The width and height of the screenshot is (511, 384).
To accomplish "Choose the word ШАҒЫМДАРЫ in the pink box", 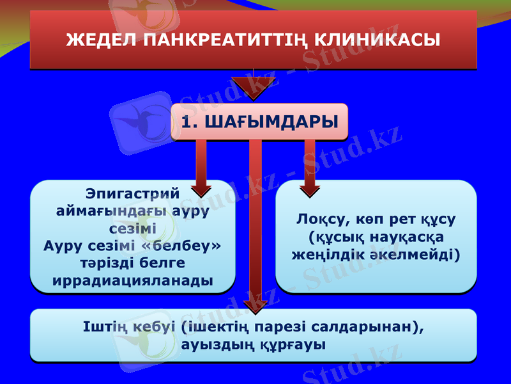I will point(271,122).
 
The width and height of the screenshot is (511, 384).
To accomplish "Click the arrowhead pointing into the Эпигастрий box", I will point(201,189).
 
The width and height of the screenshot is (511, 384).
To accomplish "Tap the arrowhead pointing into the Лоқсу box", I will point(310,189).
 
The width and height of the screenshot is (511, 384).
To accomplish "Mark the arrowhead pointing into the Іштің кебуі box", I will point(254,306).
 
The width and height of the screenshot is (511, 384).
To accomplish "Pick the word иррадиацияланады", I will point(132,280).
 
